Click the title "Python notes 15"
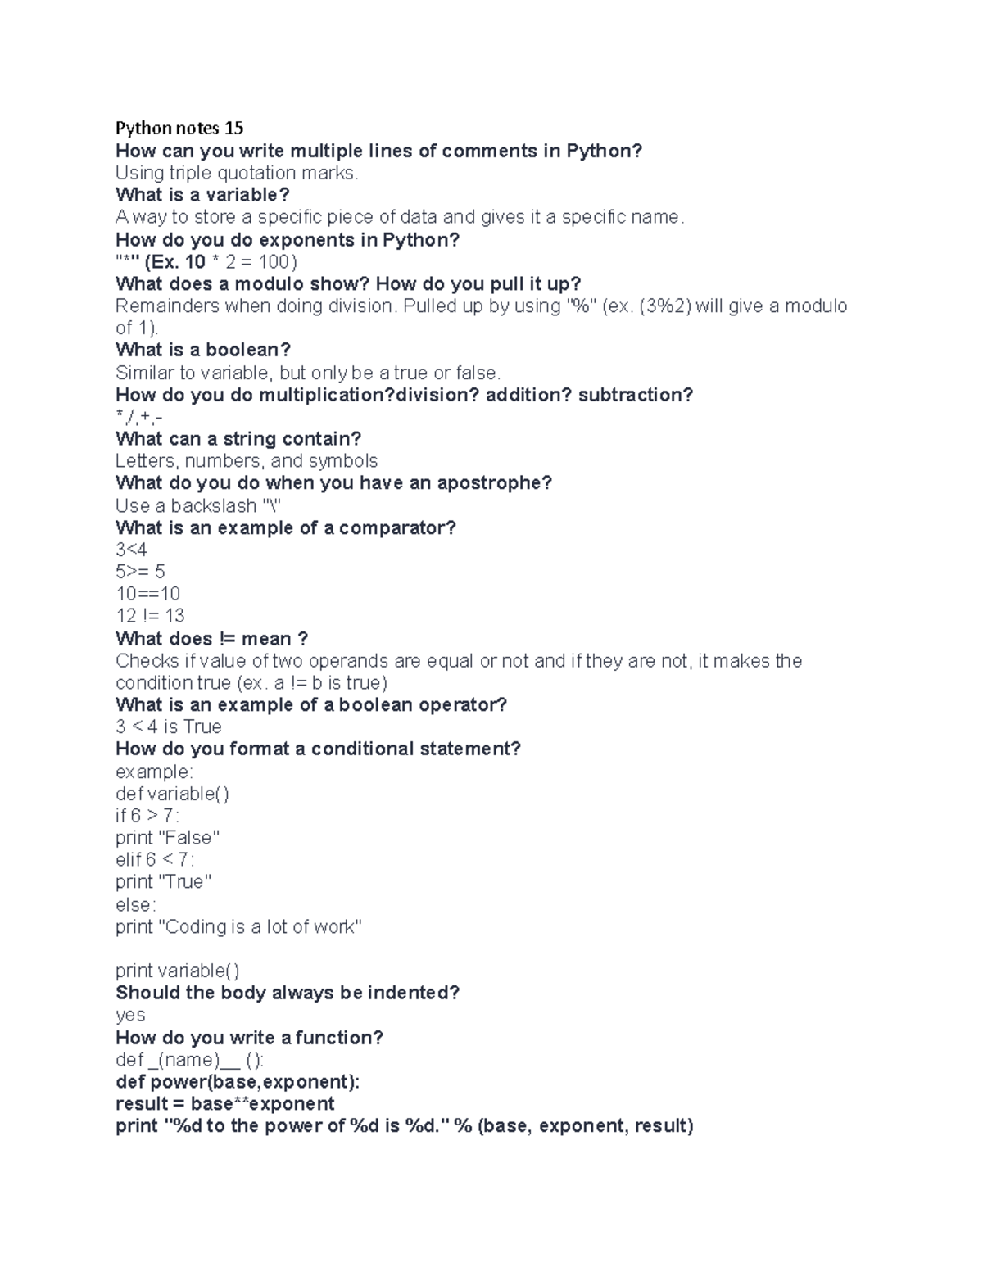(x=179, y=128)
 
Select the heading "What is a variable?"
(x=202, y=195)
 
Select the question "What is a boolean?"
(x=203, y=351)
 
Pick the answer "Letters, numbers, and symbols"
(x=247, y=461)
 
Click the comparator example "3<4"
(x=131, y=550)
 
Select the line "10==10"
(x=147, y=594)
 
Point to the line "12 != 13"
(x=150, y=616)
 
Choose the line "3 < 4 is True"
(x=168, y=727)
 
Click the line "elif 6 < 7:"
(x=155, y=860)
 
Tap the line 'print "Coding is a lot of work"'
(x=238, y=926)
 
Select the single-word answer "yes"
(x=130, y=1016)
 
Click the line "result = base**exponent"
(x=225, y=1104)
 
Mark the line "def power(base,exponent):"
(x=238, y=1082)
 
